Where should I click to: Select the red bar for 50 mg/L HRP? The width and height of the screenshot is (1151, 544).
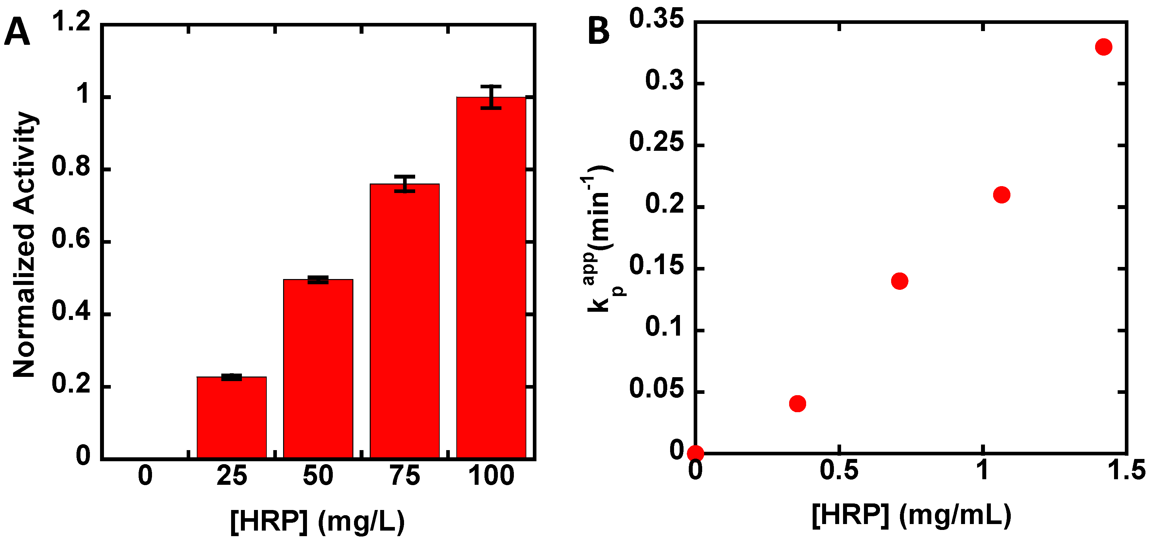(318, 368)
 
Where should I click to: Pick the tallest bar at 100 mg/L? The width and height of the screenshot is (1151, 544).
(491, 277)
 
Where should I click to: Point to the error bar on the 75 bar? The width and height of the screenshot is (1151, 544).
(404, 184)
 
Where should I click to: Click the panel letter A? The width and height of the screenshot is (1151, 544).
(17, 32)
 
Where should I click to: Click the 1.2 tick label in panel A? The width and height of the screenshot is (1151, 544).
(72, 22)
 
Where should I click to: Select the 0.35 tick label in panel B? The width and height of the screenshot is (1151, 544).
(656, 20)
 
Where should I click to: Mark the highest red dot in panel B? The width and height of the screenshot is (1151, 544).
(1103, 47)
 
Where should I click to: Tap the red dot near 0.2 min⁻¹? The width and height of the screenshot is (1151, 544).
(1001, 195)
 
